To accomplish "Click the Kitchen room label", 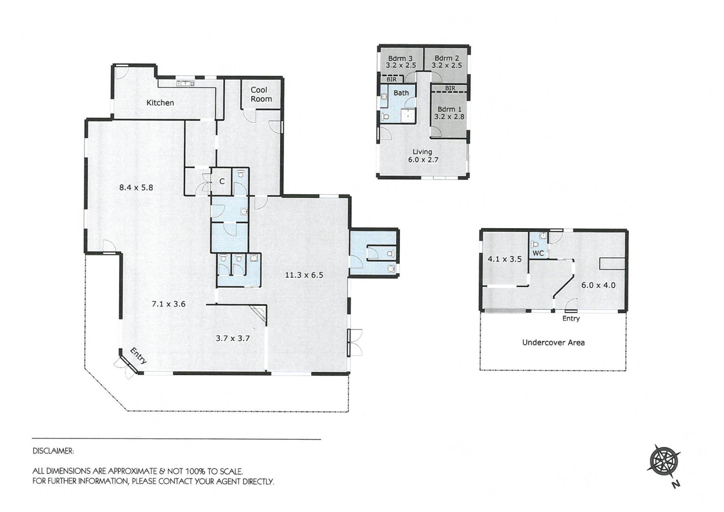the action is tap(160, 103).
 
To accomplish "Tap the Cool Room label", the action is tap(261, 94).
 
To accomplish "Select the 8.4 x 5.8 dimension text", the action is tap(136, 188).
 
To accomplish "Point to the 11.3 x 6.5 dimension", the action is tap(304, 275).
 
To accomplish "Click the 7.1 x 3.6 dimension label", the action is tap(169, 304).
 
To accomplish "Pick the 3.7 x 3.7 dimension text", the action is tap(233, 338).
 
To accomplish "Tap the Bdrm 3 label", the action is tap(400, 58).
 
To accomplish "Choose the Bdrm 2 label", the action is tap(447, 58).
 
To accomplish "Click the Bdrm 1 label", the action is tap(449, 109).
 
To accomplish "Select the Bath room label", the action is tap(401, 93).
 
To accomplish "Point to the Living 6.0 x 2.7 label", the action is tap(423, 156).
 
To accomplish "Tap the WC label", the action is tap(538, 253).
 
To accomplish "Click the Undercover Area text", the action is tap(553, 343).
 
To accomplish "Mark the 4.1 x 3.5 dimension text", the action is tap(505, 259).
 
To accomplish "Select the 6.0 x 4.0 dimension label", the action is tap(598, 285).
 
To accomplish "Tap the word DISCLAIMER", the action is tap(53, 451).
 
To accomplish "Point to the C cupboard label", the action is tap(222, 181).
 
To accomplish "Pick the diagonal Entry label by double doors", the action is tap(138, 356).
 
